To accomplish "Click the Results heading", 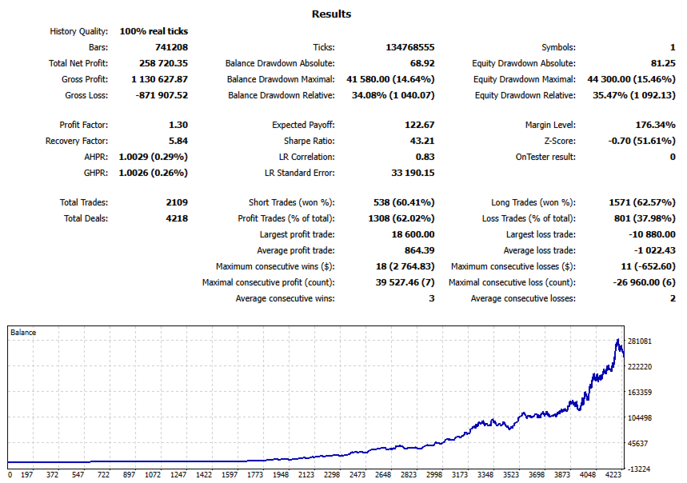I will click(331, 14).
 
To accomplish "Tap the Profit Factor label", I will click(84, 125).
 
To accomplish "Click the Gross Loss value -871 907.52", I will click(160, 95).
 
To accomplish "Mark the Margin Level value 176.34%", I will click(654, 125).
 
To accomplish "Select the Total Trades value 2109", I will click(177, 202).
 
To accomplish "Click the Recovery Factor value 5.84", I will click(178, 141).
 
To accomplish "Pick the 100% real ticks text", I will click(154, 31).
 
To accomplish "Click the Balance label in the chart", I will click(23, 332).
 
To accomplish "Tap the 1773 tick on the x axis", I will click(255, 474).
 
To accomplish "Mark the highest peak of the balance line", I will click(617, 339).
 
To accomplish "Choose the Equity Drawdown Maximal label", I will click(525, 79).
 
